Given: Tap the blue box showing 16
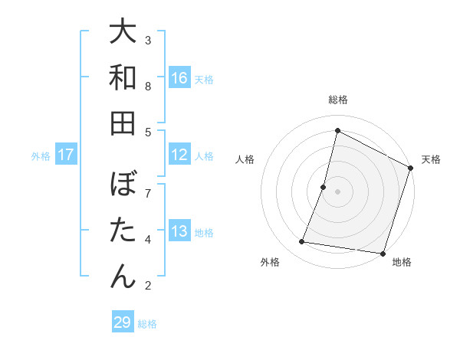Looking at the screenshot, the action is point(179,78).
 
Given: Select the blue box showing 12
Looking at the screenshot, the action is point(179,155).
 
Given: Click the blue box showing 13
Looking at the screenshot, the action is point(179,231).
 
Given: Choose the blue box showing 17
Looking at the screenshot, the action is point(66,155).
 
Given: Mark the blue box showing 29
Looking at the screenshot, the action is point(123,322).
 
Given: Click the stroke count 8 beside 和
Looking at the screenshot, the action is point(148,87).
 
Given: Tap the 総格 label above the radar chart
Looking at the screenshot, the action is point(338,100).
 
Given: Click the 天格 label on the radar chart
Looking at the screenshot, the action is point(431,159).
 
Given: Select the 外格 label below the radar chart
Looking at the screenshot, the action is point(270,262).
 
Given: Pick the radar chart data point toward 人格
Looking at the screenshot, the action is point(324,187).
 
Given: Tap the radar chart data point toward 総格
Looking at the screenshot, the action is point(337,130).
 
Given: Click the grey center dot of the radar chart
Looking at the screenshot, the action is point(337,191).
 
